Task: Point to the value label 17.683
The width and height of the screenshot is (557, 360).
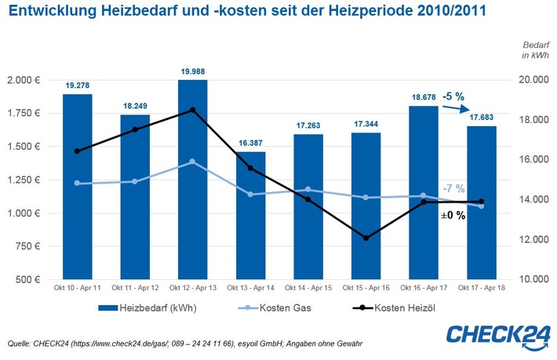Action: click(482, 118)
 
